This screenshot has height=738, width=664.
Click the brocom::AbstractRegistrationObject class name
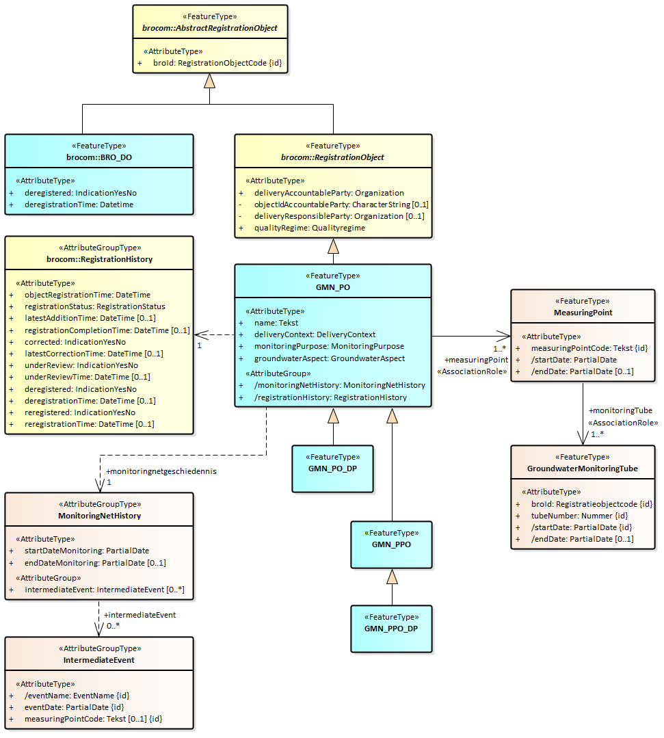pos(209,28)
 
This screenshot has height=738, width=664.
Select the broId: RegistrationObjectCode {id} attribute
pos(217,63)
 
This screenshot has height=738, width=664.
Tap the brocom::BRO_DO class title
pos(99,157)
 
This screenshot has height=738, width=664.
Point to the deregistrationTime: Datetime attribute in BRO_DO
pos(79,205)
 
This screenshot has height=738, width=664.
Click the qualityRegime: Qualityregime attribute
pos(310,228)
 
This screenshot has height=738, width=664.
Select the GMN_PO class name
pos(333,287)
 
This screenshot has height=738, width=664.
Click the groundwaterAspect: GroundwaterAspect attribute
pos(329,358)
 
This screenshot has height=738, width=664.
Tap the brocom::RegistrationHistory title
pos(99,259)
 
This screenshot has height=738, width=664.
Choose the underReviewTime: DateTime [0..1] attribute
pos(88,377)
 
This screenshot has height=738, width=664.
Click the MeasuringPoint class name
pos(583,313)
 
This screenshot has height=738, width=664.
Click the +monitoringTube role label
pos(620,410)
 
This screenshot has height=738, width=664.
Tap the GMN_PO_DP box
pos(333,469)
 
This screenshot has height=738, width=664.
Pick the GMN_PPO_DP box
pos(392,628)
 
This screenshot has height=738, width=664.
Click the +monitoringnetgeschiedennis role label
pos(161,471)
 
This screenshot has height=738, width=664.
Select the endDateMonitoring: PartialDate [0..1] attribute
pos(95,563)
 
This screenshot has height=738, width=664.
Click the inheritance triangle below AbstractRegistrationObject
pos(209,81)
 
